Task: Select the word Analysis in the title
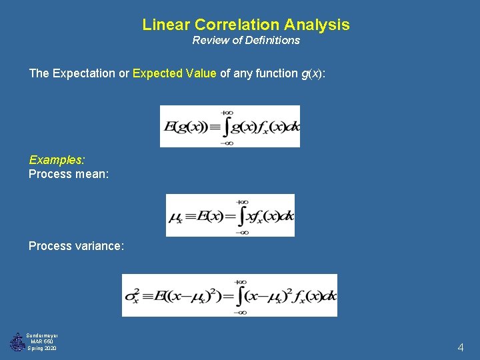pos(317,25)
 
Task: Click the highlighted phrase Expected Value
pos(175,73)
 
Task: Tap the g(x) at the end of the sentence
pos(313,73)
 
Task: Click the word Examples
pos(57,160)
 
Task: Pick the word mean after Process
pos(94,175)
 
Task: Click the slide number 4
pos(460,347)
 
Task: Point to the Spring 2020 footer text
pos(43,349)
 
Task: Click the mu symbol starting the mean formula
pos(176,217)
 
